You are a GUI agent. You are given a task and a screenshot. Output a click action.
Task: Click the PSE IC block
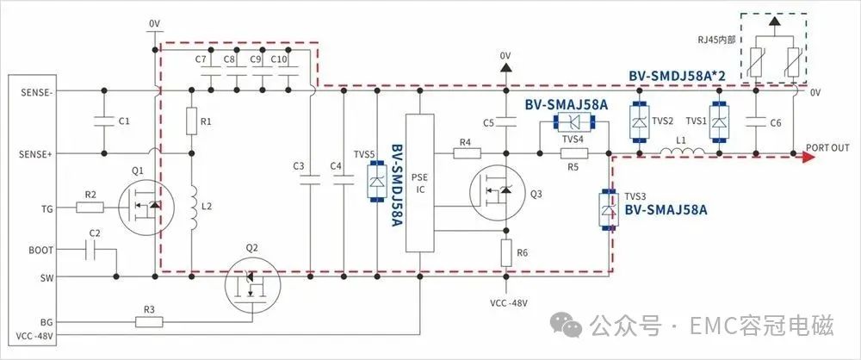tap(420, 183)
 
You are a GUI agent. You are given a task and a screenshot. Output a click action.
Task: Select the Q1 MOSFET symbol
tap(146, 207)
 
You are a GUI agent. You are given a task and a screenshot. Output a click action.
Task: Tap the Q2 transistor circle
tap(252, 283)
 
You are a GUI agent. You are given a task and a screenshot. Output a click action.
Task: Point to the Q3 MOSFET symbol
tap(498, 192)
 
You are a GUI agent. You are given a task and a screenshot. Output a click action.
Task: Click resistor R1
tap(192, 121)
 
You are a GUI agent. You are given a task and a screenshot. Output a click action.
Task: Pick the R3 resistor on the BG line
tap(149, 322)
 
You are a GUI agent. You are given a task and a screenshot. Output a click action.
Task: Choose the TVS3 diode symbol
tap(607, 209)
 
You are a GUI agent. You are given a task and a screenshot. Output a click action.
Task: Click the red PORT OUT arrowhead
tap(808, 158)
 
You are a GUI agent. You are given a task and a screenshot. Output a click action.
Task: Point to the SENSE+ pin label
tap(36, 154)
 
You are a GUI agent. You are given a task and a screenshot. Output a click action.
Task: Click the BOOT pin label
tap(41, 250)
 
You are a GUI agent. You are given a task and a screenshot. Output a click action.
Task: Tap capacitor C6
tap(756, 122)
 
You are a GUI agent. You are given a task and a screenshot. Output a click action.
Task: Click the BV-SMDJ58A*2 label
tap(677, 76)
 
